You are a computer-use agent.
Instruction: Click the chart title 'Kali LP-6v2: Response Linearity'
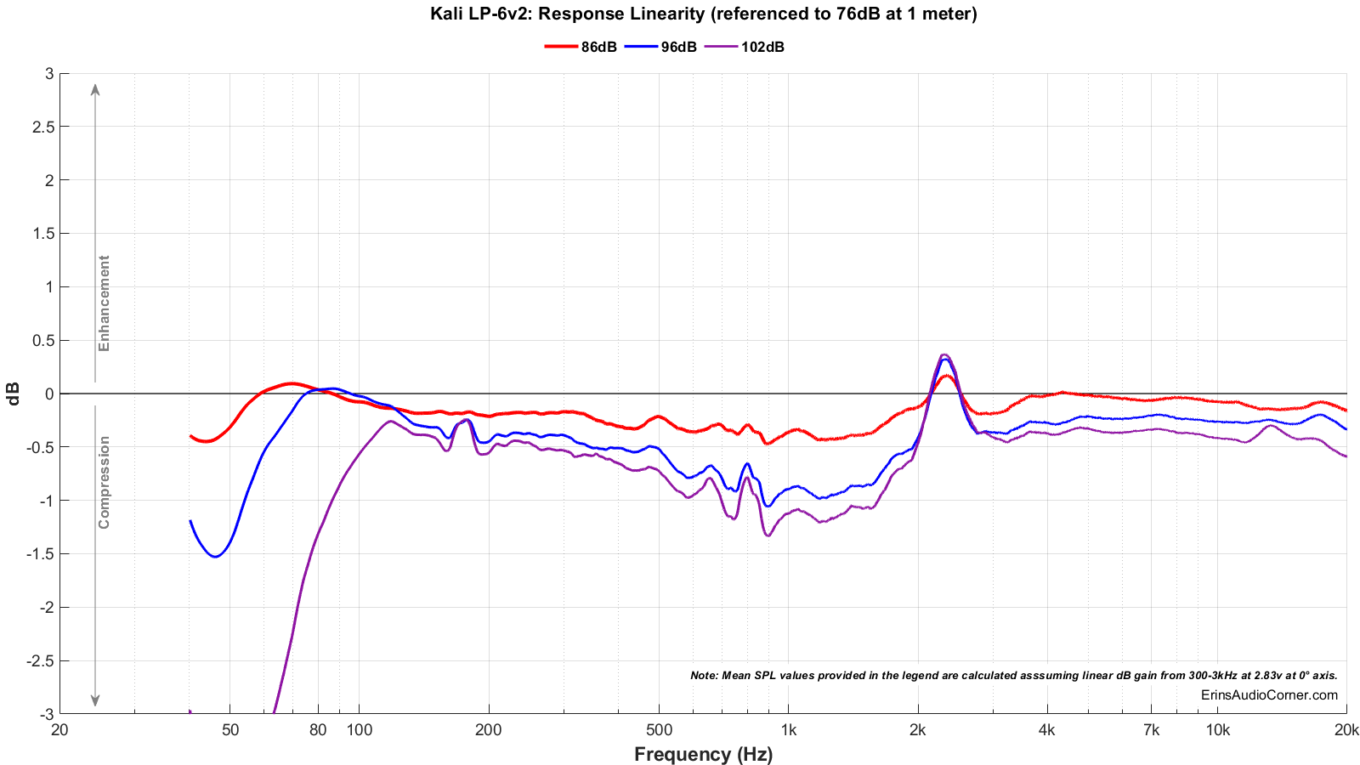(x=704, y=14)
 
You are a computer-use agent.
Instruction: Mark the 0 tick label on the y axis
(x=49, y=394)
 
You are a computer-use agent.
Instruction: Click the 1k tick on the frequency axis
(x=788, y=729)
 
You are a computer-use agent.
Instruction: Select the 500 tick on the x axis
(x=659, y=729)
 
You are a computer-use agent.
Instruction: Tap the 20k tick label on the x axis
(x=1346, y=729)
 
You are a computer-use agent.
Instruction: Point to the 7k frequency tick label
(x=1151, y=729)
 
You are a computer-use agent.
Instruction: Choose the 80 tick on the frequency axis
(x=318, y=729)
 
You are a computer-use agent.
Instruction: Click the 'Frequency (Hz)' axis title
(x=703, y=754)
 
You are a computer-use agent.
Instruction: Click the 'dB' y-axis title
(x=14, y=393)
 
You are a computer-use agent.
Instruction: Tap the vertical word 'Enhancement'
(x=105, y=303)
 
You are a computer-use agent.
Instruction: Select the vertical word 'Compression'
(x=105, y=482)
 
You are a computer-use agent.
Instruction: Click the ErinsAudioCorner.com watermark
(x=1269, y=695)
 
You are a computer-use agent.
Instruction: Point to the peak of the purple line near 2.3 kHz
(x=944, y=354)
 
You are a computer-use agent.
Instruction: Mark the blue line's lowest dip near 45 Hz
(x=215, y=557)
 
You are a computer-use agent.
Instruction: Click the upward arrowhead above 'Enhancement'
(x=95, y=88)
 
